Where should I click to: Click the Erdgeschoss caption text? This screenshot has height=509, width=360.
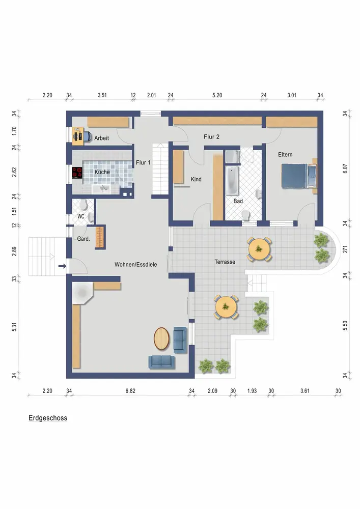pos(48,418)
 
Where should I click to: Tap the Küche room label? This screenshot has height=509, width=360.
pos(102,172)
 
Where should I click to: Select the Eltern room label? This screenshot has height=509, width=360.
pos(285,155)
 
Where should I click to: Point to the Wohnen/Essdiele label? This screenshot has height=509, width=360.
pos(135,265)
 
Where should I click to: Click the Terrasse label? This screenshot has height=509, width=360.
pos(225,262)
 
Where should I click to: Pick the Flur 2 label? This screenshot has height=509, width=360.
pos(211,136)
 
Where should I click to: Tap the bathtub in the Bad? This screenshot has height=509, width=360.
pos(232,181)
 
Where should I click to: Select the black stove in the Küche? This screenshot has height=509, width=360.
pos(77,172)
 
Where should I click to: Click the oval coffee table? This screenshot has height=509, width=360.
pos(161,338)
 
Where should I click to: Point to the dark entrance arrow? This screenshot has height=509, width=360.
pos(62,266)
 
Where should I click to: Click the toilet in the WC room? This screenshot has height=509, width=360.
pos(83,206)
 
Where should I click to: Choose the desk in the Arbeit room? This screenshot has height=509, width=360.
pos(78,136)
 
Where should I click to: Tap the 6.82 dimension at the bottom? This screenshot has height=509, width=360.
pos(130,391)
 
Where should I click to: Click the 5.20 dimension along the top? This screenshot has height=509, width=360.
pos(217,95)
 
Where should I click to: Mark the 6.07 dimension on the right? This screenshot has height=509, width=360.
pos(345,168)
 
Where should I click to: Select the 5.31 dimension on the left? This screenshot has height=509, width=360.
pos(14,327)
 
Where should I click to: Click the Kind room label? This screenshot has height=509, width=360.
pos(196,179)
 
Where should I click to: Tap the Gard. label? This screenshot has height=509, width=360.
pos(84,239)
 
